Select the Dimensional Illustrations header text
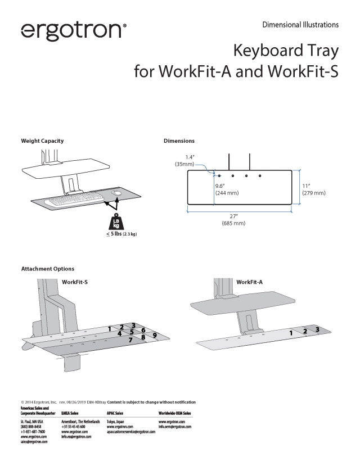coord(300,25)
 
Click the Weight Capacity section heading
coord(42,141)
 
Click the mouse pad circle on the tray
coord(118,193)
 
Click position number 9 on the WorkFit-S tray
coord(155,336)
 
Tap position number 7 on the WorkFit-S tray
coord(130,340)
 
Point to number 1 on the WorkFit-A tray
coord(291,333)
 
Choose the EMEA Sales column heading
coord(74,413)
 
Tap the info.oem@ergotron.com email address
coord(175,427)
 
